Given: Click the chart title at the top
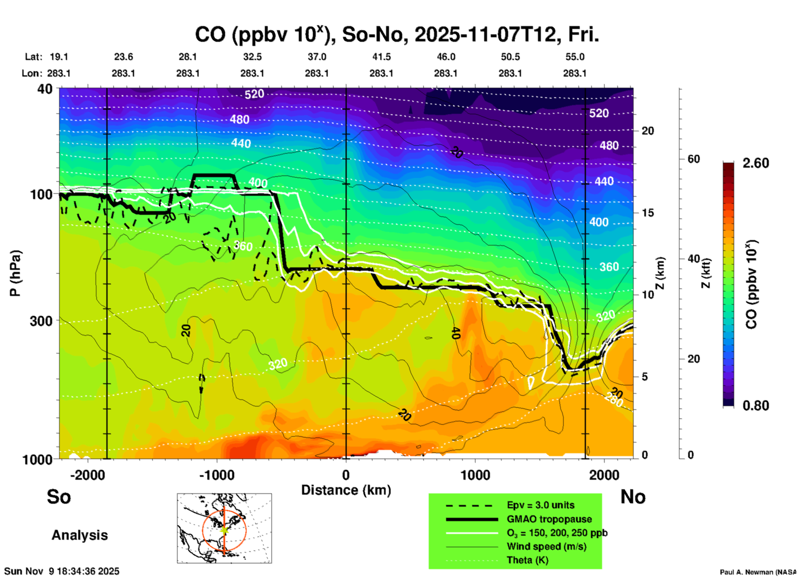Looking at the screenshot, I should pos(396,35).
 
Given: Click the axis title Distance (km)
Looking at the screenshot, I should pos(346,490).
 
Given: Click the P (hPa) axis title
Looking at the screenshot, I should pos(15,273).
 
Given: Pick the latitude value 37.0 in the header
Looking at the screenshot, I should pos(317,57).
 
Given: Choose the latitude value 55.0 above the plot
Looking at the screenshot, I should pos(575,57).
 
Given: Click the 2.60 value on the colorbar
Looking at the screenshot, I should pos(756,163).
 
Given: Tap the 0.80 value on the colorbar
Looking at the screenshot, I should pos(756,406).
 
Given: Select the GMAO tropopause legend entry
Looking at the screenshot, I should pos(549,519).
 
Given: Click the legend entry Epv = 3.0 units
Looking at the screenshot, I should pos(540,505).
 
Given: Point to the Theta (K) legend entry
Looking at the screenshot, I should pos(527,560).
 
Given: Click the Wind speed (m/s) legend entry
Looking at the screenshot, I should pos(546,546).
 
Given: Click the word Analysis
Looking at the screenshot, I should pos(79,535).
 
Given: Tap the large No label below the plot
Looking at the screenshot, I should pos(633,497).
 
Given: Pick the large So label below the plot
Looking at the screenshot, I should pos(59,497).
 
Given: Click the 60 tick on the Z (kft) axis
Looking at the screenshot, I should pos(694,159).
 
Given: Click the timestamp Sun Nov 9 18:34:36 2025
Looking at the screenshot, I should pos(62,571).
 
